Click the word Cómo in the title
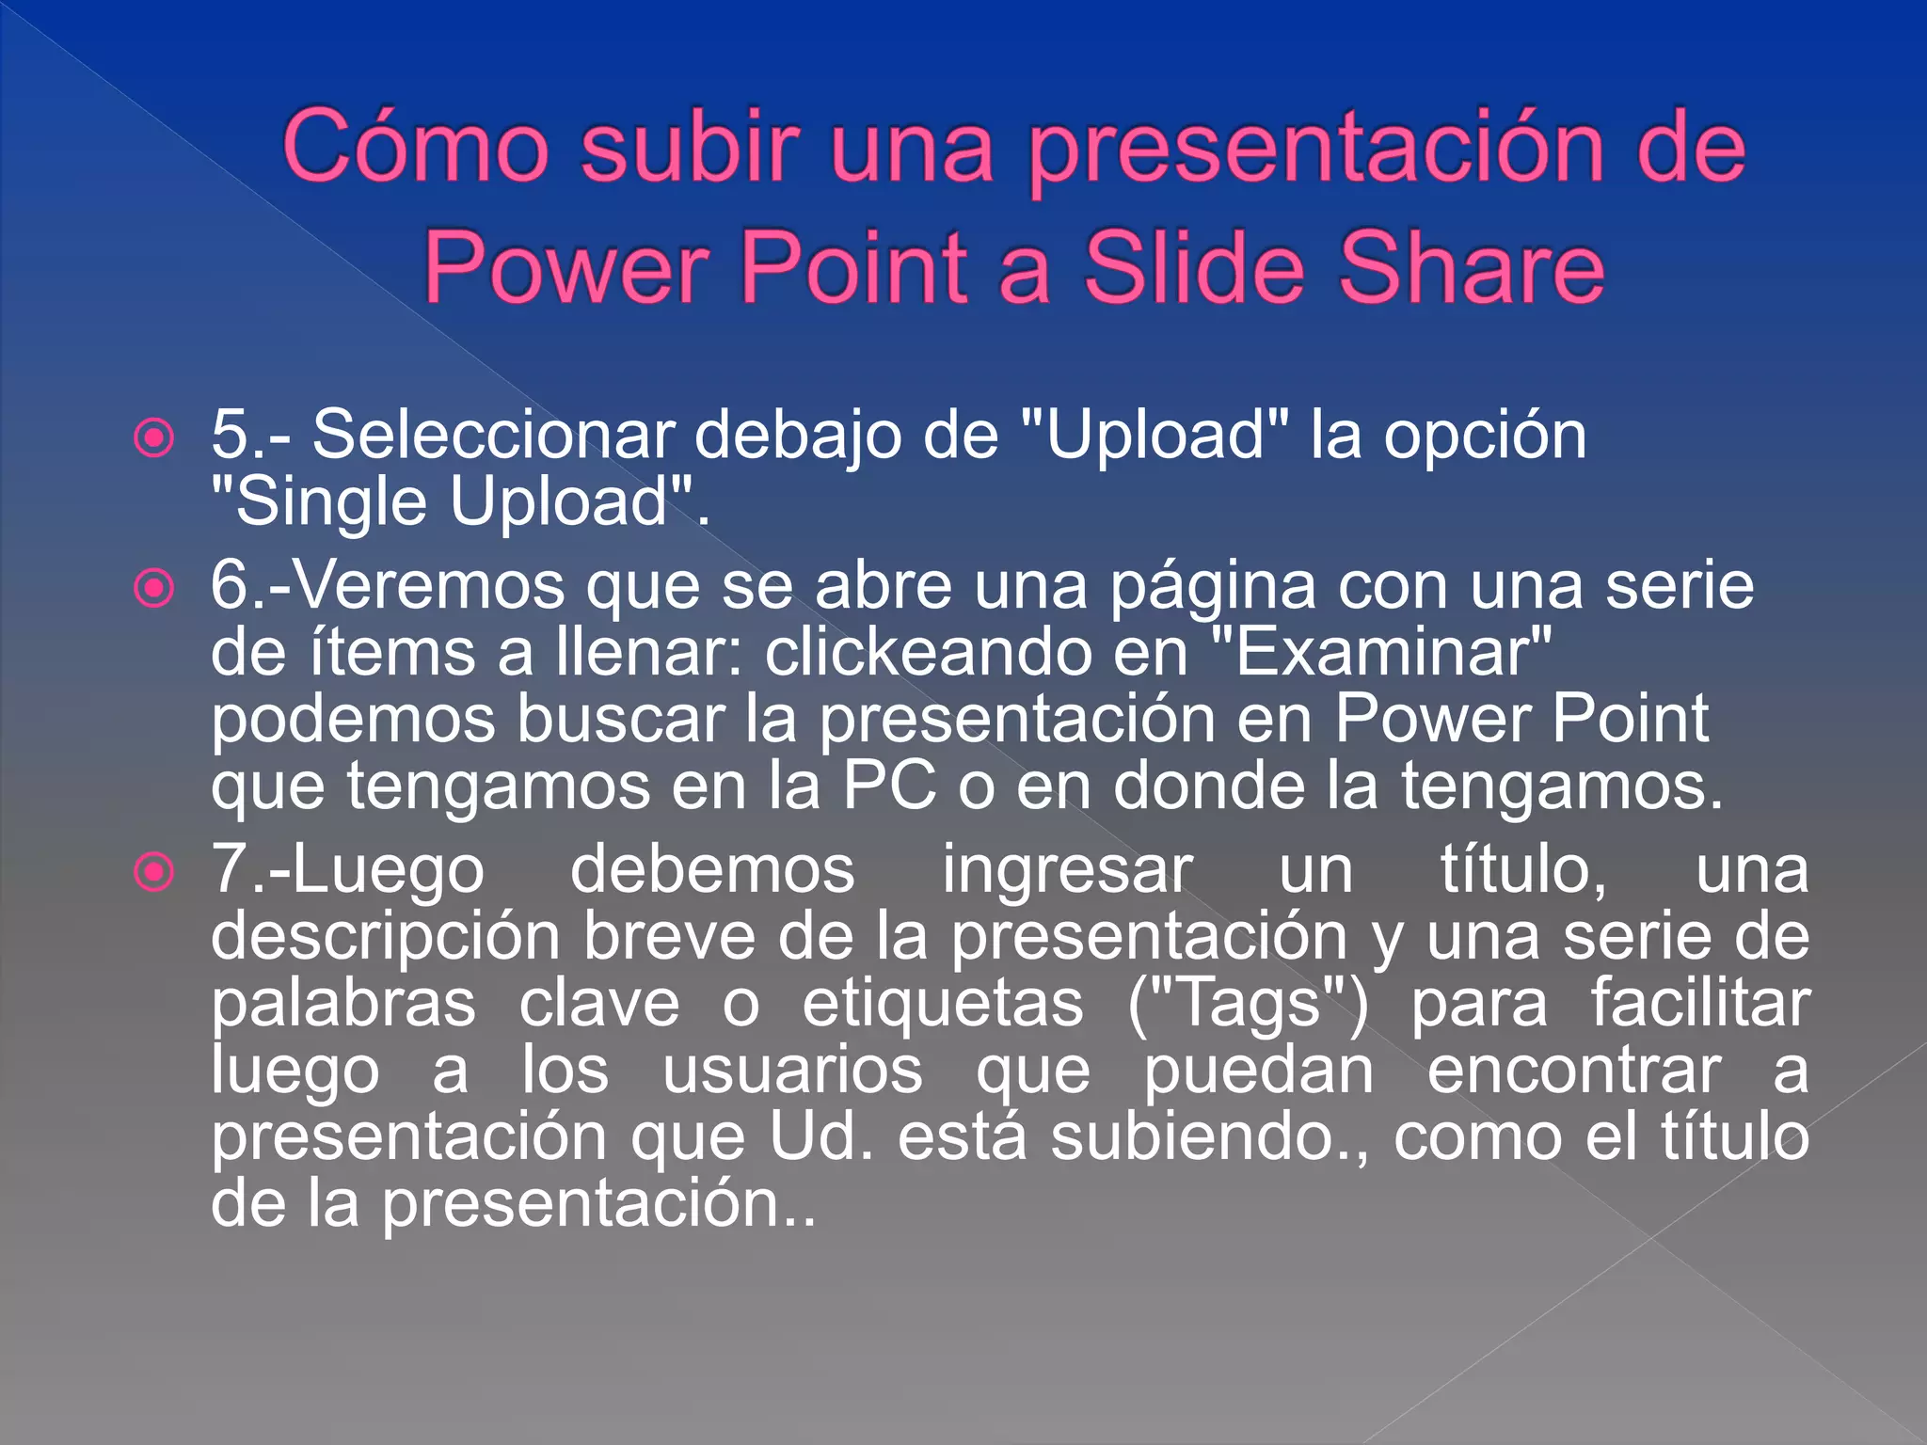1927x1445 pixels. (415, 147)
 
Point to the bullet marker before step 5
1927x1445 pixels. (154, 437)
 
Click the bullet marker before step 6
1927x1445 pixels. (154, 589)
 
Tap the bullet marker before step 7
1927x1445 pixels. (154, 872)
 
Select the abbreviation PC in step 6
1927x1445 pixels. (889, 786)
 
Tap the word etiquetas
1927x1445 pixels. (943, 1003)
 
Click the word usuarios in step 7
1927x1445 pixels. (792, 1071)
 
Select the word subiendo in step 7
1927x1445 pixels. (1203, 1136)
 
